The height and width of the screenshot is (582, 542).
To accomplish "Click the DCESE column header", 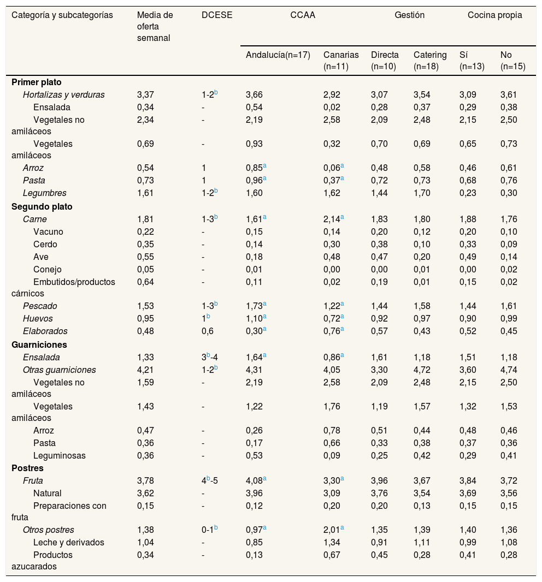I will pyautogui.click(x=217, y=15).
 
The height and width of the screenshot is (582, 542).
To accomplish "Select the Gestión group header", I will pyautogui.click(x=409, y=15).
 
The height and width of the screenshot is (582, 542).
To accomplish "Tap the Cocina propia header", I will pyautogui.click(x=494, y=15).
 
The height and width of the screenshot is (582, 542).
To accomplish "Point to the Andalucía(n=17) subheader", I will pyautogui.click(x=278, y=55).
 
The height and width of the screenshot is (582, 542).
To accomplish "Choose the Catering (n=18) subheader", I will pyautogui.click(x=430, y=60).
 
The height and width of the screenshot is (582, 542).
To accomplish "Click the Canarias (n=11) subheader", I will pyautogui.click(x=341, y=60).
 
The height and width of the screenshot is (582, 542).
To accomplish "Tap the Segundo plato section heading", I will pyautogui.click(x=42, y=207).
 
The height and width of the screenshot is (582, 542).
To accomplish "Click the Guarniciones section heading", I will pyautogui.click(x=39, y=345).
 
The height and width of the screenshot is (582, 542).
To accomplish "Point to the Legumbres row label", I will pyautogui.click(x=45, y=193).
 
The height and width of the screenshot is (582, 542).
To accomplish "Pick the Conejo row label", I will pyautogui.click(x=48, y=269).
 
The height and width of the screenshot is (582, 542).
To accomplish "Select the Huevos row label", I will pyautogui.click(x=38, y=318).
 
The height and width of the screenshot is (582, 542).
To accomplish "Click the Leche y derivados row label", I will pyautogui.click(x=69, y=542).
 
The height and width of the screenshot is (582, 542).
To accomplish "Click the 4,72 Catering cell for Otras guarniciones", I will pyautogui.click(x=422, y=370).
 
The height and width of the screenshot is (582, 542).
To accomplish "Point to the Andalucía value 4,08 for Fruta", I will pyautogui.click(x=255, y=481).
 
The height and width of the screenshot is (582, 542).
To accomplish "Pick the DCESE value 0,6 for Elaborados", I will pyautogui.click(x=208, y=331).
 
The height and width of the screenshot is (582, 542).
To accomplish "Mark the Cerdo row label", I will pyautogui.click(x=45, y=244).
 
